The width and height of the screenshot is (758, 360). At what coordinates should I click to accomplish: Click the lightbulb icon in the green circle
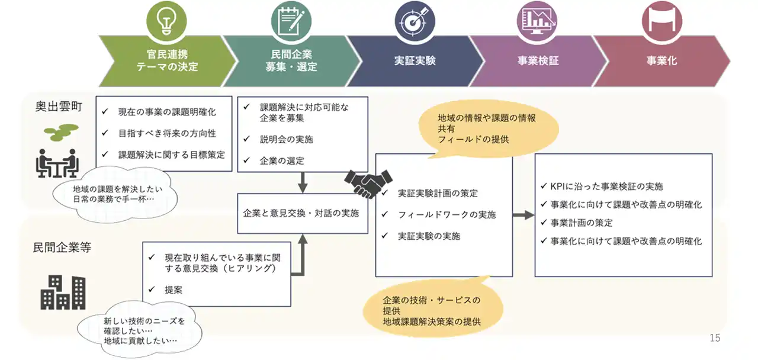[166, 21]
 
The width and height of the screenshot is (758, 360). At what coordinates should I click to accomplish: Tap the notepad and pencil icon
[291, 21]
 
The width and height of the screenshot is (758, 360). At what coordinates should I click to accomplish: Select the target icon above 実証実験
[414, 21]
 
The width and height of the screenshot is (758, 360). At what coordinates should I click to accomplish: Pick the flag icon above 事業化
[662, 21]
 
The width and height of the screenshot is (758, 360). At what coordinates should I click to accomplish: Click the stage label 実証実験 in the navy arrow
[415, 60]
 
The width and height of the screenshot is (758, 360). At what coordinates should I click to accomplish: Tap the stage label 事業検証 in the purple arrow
[538, 60]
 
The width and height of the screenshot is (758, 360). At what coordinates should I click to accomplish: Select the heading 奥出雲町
[59, 107]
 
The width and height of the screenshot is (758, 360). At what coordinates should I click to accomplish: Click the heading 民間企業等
[62, 247]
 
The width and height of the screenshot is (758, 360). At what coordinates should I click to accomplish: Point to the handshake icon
[368, 184]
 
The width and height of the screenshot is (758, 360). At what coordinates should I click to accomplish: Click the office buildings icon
[63, 292]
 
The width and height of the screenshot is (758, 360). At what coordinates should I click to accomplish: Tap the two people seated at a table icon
[57, 163]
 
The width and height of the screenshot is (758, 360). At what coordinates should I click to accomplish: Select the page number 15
[715, 337]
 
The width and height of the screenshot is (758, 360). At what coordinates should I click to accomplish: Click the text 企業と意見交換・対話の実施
[301, 213]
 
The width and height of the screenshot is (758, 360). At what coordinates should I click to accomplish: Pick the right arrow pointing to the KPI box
[523, 215]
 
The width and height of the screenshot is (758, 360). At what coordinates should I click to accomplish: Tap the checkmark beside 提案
[152, 290]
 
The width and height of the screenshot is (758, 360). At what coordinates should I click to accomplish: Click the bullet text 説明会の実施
[286, 139]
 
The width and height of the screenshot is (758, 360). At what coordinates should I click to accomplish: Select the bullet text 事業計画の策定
[582, 223]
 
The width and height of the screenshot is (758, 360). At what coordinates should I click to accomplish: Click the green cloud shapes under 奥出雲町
[61, 132]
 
